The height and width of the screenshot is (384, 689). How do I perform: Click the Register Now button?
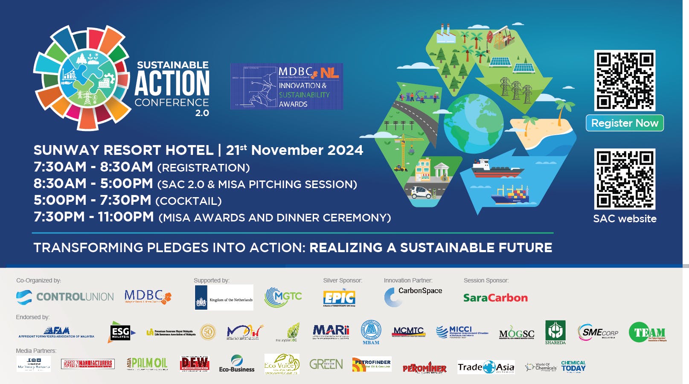pos(625,123)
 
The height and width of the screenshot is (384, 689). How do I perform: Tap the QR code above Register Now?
pos(625,81)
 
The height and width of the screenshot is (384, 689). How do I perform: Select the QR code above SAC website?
pos(625,179)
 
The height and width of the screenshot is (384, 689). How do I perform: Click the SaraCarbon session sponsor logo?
pos(495,298)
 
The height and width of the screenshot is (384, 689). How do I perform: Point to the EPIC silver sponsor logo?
pos(339,298)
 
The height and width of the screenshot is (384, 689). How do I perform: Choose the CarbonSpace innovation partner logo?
pos(413,297)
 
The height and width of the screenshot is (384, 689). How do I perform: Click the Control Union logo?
pos(65,297)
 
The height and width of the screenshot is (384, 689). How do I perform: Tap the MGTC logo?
pos(283,297)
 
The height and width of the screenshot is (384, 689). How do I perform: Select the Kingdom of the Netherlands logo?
pos(224,297)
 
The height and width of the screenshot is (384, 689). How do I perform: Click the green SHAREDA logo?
pos(555,332)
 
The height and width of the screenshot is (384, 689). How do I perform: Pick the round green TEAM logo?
pos(647,332)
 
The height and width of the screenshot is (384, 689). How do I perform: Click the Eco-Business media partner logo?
pos(236,364)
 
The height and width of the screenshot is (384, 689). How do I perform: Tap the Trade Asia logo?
pos(486,367)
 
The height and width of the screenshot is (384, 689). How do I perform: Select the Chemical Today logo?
pos(573,367)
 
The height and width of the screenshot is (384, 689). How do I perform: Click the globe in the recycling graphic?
pos(473,123)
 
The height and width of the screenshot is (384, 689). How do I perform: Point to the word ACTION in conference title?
pos(172,83)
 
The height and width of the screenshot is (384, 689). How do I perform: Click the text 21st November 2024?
pos(294,150)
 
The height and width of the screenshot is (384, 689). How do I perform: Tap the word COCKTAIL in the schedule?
pos(188,201)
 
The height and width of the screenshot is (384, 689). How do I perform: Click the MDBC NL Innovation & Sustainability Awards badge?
pos(287,87)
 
